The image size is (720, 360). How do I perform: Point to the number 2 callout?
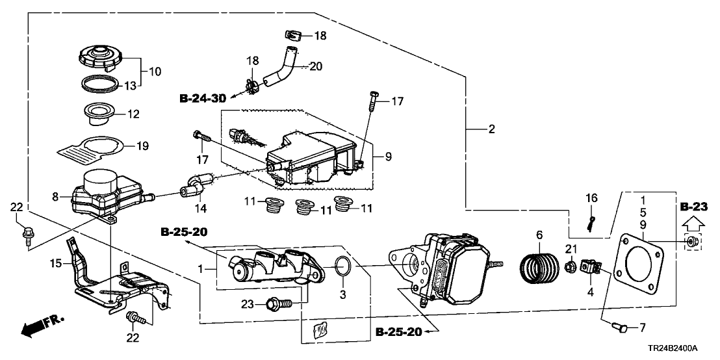(x=492, y=129)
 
